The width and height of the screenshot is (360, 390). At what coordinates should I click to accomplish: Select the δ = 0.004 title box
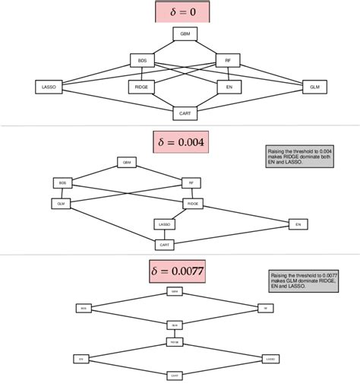pos(179,142)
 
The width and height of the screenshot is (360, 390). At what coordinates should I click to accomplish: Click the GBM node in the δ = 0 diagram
pos(185,34)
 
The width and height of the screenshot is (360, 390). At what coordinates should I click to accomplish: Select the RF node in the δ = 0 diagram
pos(227,60)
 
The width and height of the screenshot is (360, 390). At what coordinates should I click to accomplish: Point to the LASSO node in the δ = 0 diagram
pos(48,87)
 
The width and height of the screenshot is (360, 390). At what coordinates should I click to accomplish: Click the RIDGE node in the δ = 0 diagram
pos(141,87)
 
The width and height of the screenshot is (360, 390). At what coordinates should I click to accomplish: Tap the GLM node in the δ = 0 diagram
pos(314,87)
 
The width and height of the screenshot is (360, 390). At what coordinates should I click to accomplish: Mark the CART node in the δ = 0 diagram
pos(185,113)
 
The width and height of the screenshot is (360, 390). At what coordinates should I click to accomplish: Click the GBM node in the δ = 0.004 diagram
pos(126,162)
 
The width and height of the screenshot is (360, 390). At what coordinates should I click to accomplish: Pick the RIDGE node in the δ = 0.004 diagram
pos(191,203)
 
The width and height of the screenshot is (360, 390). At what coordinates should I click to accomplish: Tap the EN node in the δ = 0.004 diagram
pos(298,224)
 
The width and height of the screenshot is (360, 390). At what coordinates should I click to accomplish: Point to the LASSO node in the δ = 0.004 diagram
pos(164,224)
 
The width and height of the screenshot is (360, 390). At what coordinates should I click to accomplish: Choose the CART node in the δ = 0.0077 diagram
pos(175,375)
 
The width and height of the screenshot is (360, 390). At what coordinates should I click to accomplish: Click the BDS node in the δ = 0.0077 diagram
pos(84,308)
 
